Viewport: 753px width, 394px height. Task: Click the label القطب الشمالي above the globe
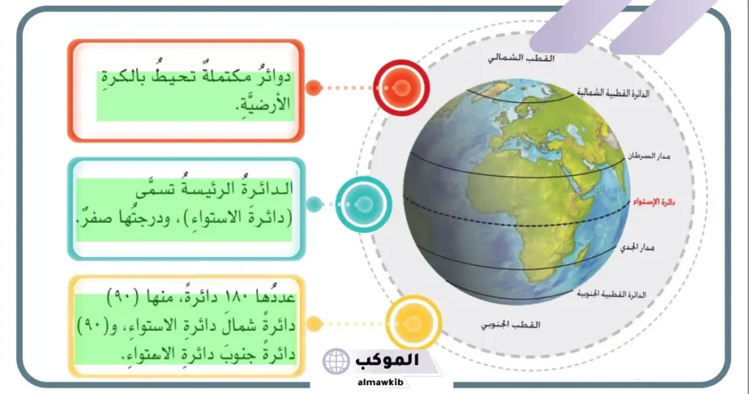coord(523,58)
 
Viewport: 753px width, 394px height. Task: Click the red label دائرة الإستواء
coord(654,200)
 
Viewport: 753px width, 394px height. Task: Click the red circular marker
coord(401,87)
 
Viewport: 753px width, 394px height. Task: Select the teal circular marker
coord(364,204)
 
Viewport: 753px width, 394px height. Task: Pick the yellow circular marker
coord(413,323)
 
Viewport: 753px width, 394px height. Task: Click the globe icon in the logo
coord(337,362)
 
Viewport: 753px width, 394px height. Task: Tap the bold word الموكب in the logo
coord(387,360)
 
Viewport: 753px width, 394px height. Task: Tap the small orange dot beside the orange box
coord(313,88)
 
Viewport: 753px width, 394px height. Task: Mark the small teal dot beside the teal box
coord(314,204)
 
